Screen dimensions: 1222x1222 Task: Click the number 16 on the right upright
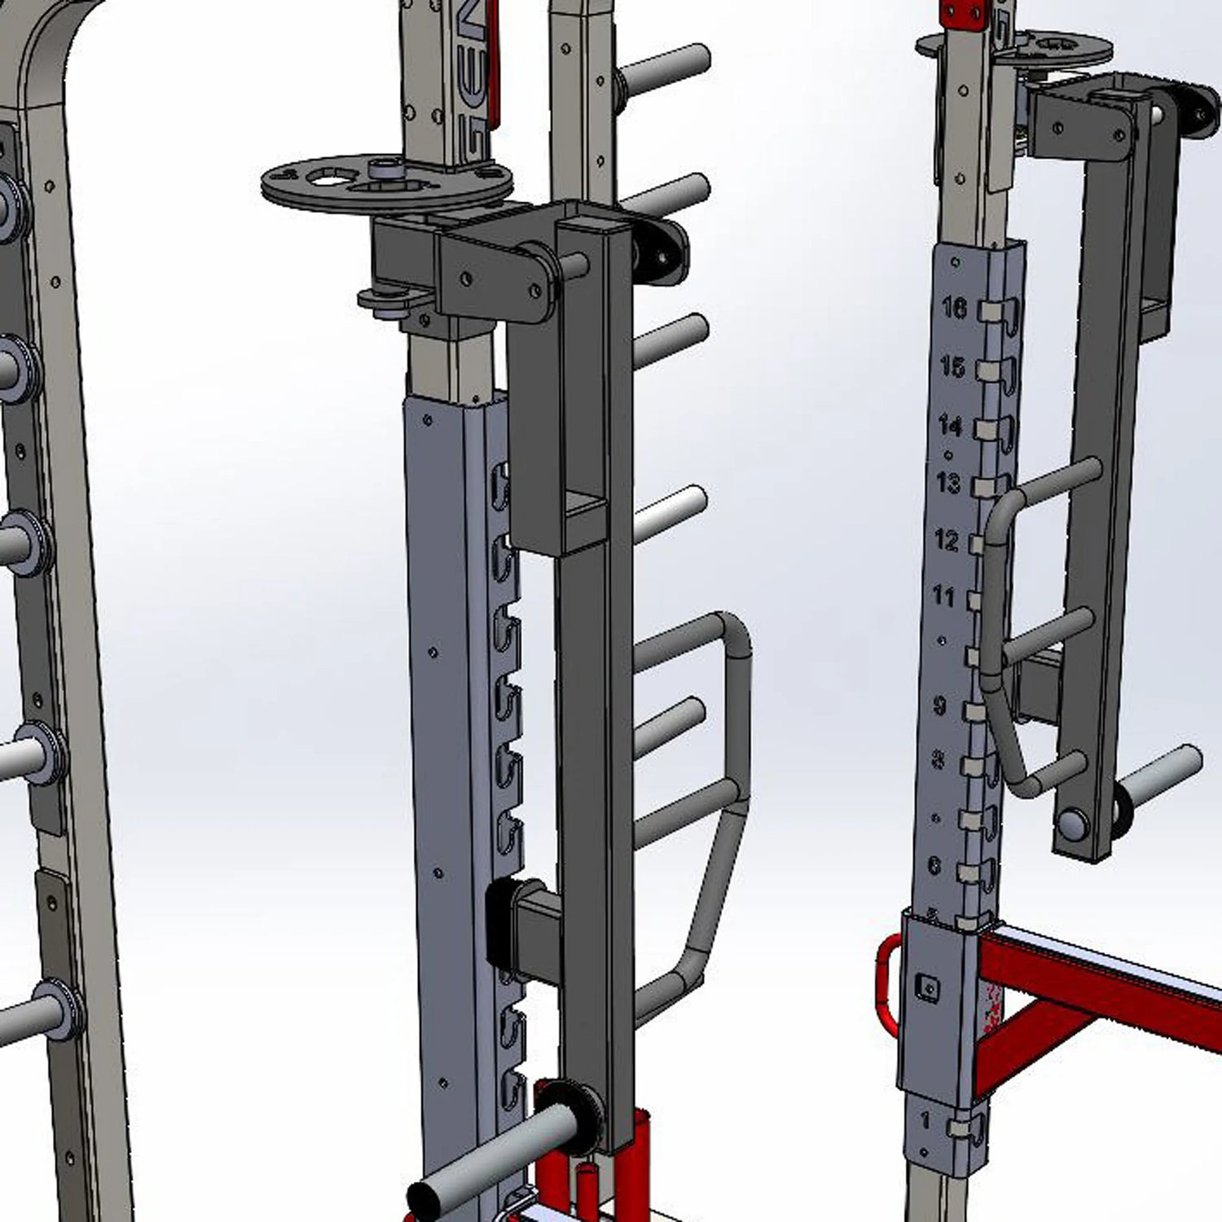point(954,308)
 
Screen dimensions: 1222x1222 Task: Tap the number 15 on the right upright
point(952,367)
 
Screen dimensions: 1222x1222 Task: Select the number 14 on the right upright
point(950,425)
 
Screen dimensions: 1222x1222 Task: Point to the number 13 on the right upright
point(947,483)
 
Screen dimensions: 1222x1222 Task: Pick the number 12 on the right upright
point(946,540)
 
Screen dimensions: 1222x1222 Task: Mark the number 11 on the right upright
point(943,597)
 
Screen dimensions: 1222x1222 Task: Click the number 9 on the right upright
point(939,706)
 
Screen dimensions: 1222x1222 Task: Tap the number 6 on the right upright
point(934,865)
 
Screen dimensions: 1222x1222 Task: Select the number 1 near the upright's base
point(925,1121)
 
